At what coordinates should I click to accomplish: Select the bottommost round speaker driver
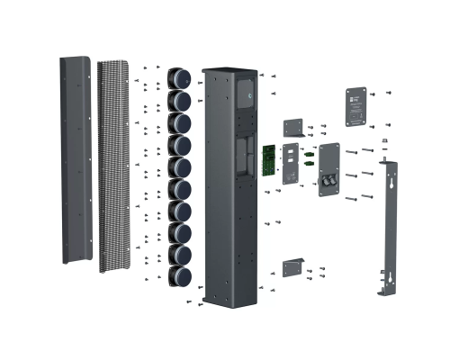pyautogui.click(x=179, y=274)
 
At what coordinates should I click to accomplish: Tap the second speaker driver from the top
pyautogui.click(x=180, y=100)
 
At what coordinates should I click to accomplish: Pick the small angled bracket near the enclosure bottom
pyautogui.click(x=294, y=267)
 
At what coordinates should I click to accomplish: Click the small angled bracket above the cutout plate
pyautogui.click(x=295, y=128)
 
